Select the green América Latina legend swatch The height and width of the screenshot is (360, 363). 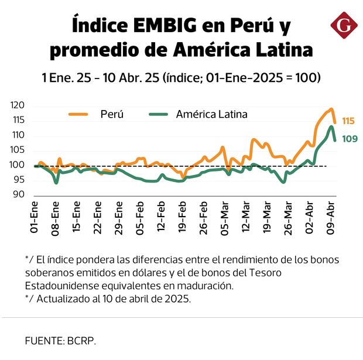(157, 115)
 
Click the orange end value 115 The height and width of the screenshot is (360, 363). (348, 121)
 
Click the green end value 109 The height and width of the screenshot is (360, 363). (348, 139)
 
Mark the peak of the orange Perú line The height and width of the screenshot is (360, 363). (331, 109)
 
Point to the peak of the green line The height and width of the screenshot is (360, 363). (331, 126)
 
